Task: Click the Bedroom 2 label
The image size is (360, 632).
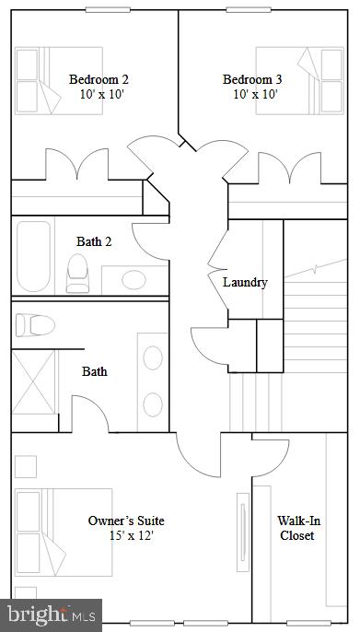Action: [99, 78]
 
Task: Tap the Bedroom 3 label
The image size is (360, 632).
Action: [252, 78]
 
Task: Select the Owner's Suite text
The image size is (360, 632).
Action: [126, 521]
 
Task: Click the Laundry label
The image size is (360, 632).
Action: [245, 282]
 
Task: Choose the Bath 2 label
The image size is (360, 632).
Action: [94, 241]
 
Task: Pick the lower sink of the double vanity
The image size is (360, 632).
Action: [152, 404]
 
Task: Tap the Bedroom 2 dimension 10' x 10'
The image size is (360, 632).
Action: [99, 93]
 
